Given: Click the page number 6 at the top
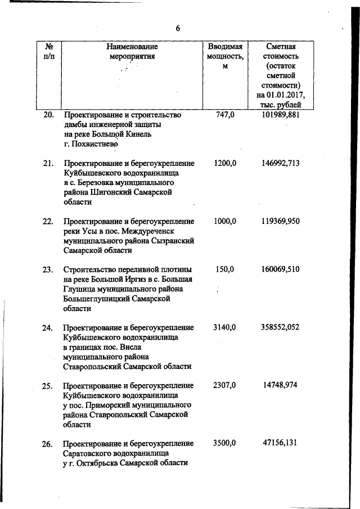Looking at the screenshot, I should coord(178,29).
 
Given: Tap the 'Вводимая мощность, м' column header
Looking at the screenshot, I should coord(225,56).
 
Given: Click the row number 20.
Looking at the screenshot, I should coord(48,115).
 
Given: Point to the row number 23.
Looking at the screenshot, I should coord(48,269).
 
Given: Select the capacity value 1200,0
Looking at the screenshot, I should coord(225,163).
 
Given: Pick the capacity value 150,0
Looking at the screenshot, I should coord(225,269).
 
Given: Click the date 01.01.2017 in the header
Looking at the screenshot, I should coord(287,94).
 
